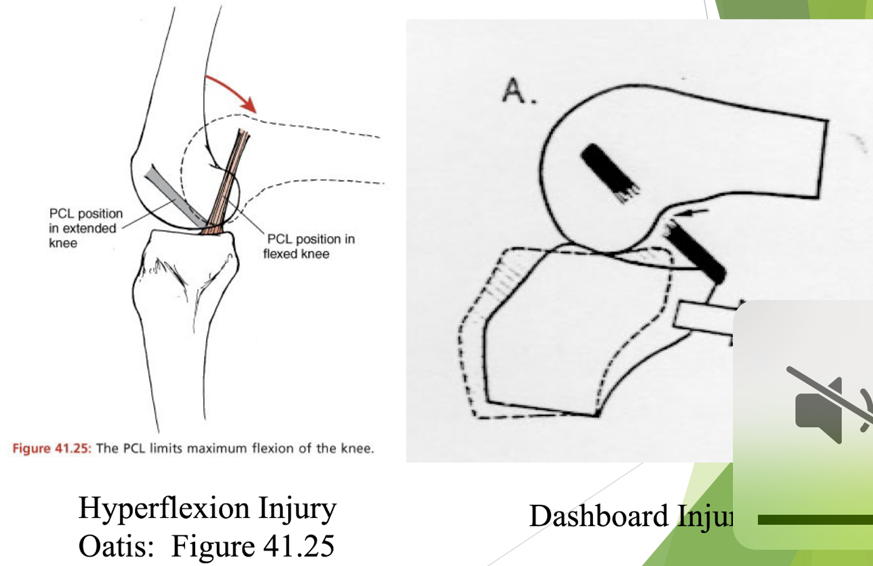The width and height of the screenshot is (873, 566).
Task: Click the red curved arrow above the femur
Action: point(233,91)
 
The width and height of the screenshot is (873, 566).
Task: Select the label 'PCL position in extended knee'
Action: point(85,228)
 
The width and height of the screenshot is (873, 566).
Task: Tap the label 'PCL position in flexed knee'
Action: point(309,246)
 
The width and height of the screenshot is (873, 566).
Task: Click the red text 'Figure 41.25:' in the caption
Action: point(52,449)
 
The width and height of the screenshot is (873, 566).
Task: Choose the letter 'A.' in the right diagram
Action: point(519,91)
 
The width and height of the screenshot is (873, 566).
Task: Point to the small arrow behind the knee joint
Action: point(694,213)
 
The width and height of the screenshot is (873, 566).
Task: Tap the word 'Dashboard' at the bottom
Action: point(599,517)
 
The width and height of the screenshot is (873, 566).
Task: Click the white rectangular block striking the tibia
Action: point(704,316)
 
